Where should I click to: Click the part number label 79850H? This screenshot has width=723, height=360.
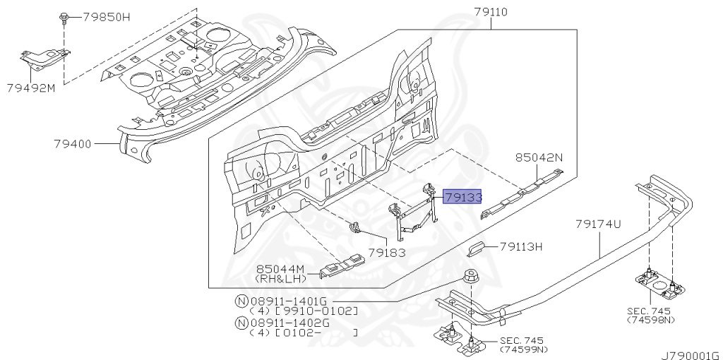pyautogui.click(x=107, y=18)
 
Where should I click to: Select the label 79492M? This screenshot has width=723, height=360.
pyautogui.click(x=31, y=88)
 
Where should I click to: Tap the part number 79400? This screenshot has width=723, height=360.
pyautogui.click(x=74, y=144)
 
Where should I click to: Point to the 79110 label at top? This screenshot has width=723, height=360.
pyautogui.click(x=491, y=12)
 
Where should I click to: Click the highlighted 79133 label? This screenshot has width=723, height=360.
pyautogui.click(x=462, y=197)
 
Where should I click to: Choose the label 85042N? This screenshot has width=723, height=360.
pyautogui.click(x=539, y=157)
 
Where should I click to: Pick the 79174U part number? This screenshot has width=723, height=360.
pyautogui.click(x=599, y=224)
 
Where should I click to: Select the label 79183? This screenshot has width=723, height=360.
pyautogui.click(x=386, y=252)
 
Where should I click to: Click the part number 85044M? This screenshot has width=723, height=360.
pyautogui.click(x=280, y=269)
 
